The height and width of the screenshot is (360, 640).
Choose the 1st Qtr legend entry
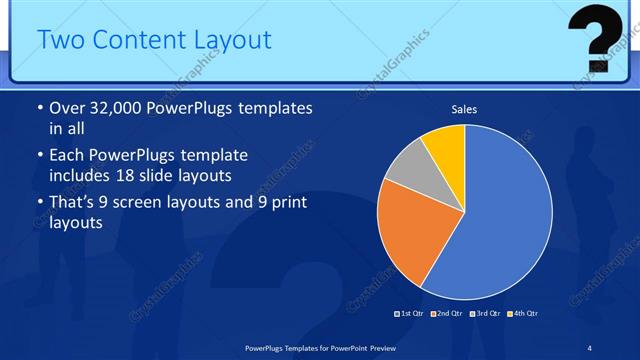[412, 315]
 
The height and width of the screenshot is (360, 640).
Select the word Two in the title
[60, 40]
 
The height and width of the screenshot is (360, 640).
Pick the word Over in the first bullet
[66, 108]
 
